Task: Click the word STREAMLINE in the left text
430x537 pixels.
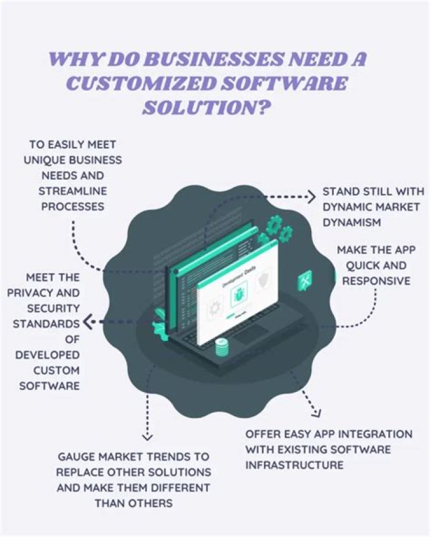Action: [x=72, y=191]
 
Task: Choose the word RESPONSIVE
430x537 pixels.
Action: [x=375, y=281]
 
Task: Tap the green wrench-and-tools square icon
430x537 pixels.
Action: [x=305, y=280]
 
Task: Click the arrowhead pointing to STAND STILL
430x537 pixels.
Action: [x=311, y=197]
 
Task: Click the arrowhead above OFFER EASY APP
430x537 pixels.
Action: [x=315, y=412]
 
